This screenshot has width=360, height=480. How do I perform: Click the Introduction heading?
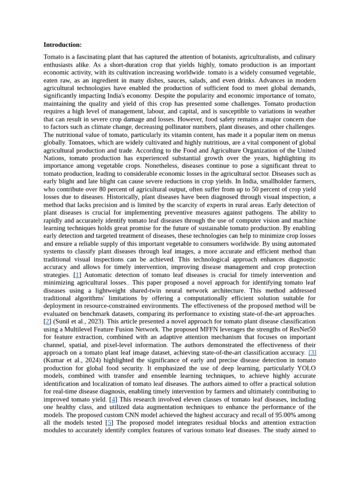[x=62, y=45]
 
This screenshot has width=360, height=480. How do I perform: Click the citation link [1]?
[x=77, y=275]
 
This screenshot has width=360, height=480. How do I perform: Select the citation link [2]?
[x=47, y=322]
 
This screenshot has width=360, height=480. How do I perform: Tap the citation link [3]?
[x=312, y=352]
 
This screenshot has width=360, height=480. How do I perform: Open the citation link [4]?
[x=113, y=399]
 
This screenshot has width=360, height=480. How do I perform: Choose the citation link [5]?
[x=109, y=423]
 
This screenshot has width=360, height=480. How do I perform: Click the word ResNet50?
[x=300, y=330]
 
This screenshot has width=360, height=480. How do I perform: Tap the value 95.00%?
[x=277, y=415]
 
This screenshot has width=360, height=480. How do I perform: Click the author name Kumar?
[x=56, y=360]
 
